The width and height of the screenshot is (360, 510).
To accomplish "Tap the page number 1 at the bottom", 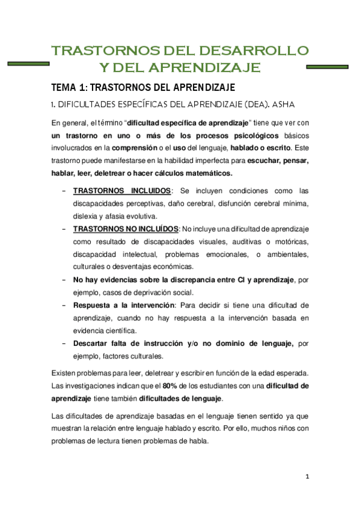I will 307,477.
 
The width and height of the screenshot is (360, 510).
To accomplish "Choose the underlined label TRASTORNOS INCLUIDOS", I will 123,191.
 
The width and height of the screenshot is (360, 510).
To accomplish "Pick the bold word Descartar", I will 96,343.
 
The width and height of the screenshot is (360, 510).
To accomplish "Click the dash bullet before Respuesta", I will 64,305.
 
